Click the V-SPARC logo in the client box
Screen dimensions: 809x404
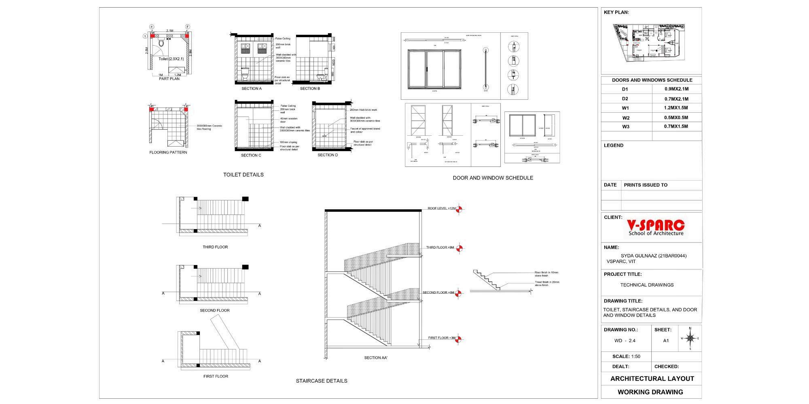tap(656, 228)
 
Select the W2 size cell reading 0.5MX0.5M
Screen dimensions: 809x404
tap(676, 118)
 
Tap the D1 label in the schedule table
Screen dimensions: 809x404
tap(625, 89)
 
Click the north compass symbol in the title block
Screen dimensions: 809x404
tap(690, 338)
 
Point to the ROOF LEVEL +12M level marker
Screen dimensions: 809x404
tap(459, 209)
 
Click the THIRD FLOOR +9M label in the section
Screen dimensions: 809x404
tap(440, 247)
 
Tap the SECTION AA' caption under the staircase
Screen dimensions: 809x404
tap(376, 358)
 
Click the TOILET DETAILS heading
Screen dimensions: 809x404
tap(243, 175)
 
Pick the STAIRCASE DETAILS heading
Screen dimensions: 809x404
tap(321, 381)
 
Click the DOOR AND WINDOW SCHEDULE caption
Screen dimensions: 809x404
tap(493, 178)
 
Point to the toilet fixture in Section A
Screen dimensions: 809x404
tap(245, 73)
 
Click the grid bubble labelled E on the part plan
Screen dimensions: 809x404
tap(152, 27)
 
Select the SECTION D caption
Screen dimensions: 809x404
tap(328, 155)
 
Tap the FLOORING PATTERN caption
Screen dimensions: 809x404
tap(168, 152)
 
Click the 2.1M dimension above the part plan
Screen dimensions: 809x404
tap(169, 31)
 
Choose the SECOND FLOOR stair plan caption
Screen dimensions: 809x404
tap(214, 310)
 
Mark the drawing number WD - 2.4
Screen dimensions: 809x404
tap(625, 341)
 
